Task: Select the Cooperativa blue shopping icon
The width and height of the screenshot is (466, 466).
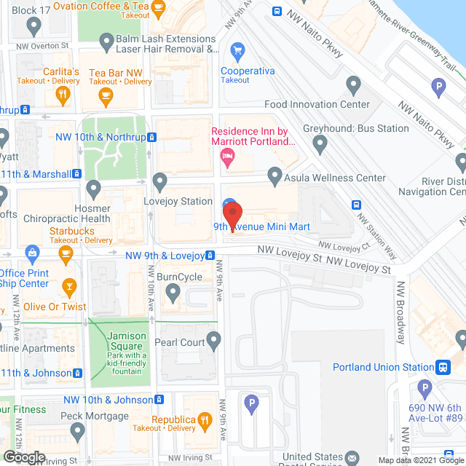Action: [237, 50]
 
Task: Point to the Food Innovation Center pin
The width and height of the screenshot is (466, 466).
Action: [354, 87]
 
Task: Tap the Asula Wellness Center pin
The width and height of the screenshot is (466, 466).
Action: [275, 175]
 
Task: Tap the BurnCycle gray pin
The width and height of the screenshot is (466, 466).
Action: [173, 293]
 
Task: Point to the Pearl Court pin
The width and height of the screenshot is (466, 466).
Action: [213, 339]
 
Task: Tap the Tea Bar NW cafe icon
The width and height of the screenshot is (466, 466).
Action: [106, 95]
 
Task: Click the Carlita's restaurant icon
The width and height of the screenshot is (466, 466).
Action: [64, 94]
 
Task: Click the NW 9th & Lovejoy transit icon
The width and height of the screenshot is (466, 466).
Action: [210, 256]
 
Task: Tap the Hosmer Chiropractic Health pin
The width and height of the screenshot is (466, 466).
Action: [93, 189]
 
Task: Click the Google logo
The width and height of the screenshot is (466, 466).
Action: [24, 457]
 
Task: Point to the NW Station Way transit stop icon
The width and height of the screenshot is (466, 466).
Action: [357, 205]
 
